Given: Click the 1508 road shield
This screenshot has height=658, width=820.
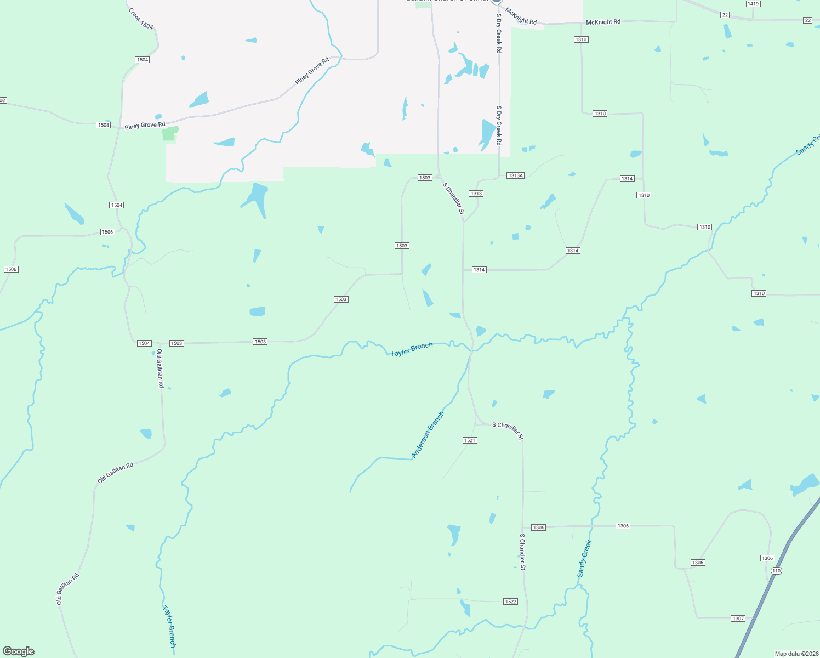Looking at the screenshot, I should point(104,125).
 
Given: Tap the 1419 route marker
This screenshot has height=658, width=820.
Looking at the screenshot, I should point(753,4).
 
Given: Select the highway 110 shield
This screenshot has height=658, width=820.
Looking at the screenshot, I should point(776,571).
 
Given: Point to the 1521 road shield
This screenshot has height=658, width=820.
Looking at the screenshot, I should point(470,440).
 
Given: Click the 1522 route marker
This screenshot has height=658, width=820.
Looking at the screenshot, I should point(510,602).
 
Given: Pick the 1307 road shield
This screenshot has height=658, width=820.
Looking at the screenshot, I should point(738,619).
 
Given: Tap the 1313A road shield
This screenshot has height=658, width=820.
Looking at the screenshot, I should point(515,175).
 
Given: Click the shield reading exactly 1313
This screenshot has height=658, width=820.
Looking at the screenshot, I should point(476,194).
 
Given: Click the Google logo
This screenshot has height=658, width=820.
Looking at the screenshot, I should point(19,651).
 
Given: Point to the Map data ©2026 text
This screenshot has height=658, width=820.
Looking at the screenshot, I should point(795,654).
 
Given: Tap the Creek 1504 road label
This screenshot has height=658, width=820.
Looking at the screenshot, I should point(141,19).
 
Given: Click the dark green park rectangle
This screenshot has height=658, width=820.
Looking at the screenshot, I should point(170,134).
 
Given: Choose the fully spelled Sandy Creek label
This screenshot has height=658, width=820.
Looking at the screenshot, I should point(584,559).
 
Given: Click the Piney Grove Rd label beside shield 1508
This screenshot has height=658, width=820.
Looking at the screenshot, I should point(145,125).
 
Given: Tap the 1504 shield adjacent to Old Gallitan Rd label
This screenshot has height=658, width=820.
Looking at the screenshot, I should point(144,343).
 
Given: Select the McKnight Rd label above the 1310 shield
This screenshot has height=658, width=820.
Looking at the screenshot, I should point(603,22).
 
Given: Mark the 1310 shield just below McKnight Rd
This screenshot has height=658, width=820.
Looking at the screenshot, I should point(581,39).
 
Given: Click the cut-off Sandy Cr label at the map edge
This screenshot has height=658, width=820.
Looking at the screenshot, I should point(808,145).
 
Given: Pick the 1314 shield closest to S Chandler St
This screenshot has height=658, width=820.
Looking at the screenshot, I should point(479,270).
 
